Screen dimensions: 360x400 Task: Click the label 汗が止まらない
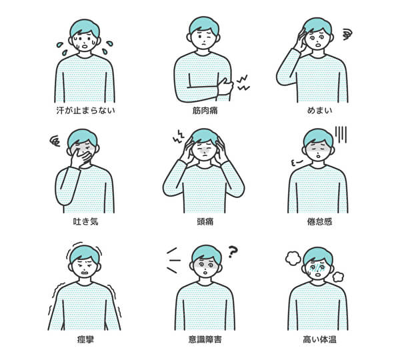pos(85,110)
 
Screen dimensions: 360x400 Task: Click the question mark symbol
pos(233,252)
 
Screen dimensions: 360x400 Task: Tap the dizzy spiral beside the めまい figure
pos(347,34)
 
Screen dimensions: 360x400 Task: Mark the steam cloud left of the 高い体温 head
pos(291,257)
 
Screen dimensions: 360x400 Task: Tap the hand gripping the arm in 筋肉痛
pos(225,87)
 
